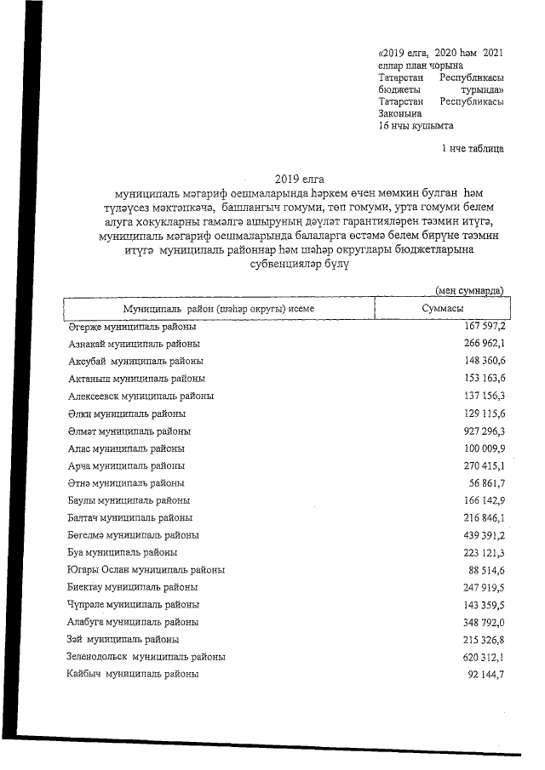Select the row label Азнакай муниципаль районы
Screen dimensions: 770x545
134,344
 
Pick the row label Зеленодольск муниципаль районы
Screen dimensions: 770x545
146,657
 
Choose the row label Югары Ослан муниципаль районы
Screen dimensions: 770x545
146,570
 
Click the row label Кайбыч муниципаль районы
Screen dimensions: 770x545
133,674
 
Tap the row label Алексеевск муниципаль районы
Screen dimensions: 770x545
141,396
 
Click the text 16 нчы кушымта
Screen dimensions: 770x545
416,125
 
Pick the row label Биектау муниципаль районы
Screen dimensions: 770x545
133,587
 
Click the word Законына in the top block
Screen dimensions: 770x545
399,113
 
